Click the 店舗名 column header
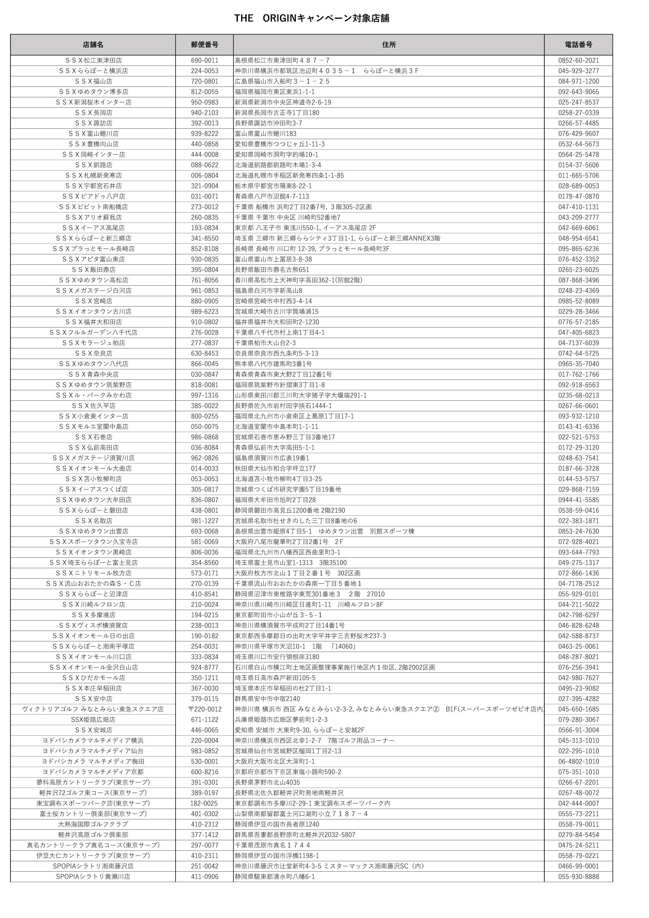[x=93, y=45]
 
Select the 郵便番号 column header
[x=204, y=45]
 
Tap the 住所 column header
[x=389, y=45]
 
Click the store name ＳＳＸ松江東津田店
[x=93, y=60]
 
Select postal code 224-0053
[x=204, y=71]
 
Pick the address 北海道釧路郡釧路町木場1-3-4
[x=278, y=165]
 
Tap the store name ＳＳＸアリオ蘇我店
[x=93, y=218]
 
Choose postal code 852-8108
[x=204, y=249]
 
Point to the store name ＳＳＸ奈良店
[x=93, y=354]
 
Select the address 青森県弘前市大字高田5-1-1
[x=275, y=447]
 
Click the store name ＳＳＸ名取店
[x=93, y=521]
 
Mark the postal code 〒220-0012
[x=204, y=709]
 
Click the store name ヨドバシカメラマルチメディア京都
[x=93, y=772]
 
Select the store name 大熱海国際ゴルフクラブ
[x=93, y=825]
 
